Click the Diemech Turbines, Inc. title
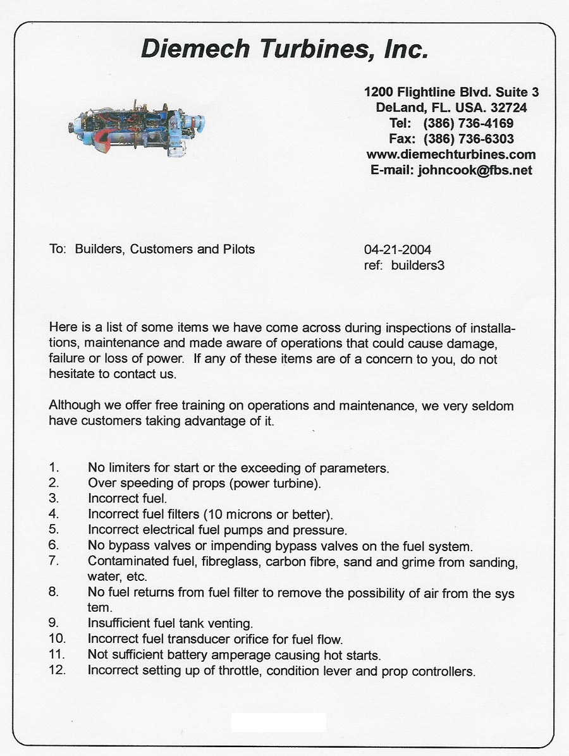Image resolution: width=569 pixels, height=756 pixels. point(284,49)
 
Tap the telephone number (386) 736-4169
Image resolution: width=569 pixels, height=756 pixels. point(468,123)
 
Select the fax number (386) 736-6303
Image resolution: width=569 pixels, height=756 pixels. point(468,139)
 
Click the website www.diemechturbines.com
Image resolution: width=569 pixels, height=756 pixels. point(451,154)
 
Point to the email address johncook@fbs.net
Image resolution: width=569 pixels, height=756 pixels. point(475,170)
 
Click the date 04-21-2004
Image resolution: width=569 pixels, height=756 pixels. point(398,250)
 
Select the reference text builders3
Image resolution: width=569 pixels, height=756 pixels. point(417,265)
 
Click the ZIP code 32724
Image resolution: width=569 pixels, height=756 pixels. point(508,107)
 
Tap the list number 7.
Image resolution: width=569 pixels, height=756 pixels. point(54,561)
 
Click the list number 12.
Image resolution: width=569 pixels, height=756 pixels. point(57,670)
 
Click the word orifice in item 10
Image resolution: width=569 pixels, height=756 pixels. point(272,639)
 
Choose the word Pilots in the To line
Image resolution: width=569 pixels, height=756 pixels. point(238,249)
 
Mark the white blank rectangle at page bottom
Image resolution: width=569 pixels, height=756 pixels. point(278,722)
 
